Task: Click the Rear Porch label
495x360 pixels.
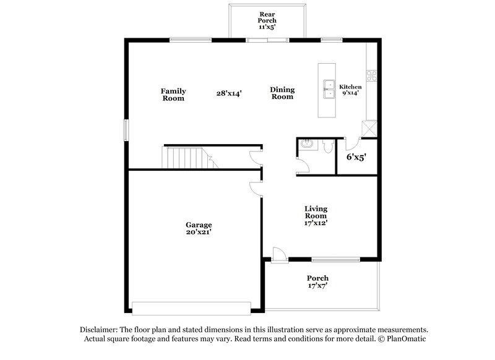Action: pos(267,19)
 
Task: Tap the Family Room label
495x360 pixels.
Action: pos(173,94)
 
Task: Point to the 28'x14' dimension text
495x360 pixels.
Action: pos(229,93)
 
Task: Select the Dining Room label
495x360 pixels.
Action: pos(282,93)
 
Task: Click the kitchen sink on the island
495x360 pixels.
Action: pos(328,90)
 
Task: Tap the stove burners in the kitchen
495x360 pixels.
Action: pos(372,76)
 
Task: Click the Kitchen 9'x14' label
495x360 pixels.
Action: pos(350,90)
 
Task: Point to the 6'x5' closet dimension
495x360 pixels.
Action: pos(356,157)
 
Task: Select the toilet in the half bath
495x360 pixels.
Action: pos(329,147)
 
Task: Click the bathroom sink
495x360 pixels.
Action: pos(306,145)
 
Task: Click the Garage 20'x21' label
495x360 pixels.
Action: pos(199,228)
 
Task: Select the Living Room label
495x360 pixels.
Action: pos(316,216)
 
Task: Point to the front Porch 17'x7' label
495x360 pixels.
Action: pos(317,282)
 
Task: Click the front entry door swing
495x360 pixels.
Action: pos(278,254)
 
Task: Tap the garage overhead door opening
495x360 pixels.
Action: pos(191,307)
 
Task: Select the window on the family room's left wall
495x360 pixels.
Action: pos(126,131)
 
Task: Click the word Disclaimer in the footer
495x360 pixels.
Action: pos(99,330)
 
